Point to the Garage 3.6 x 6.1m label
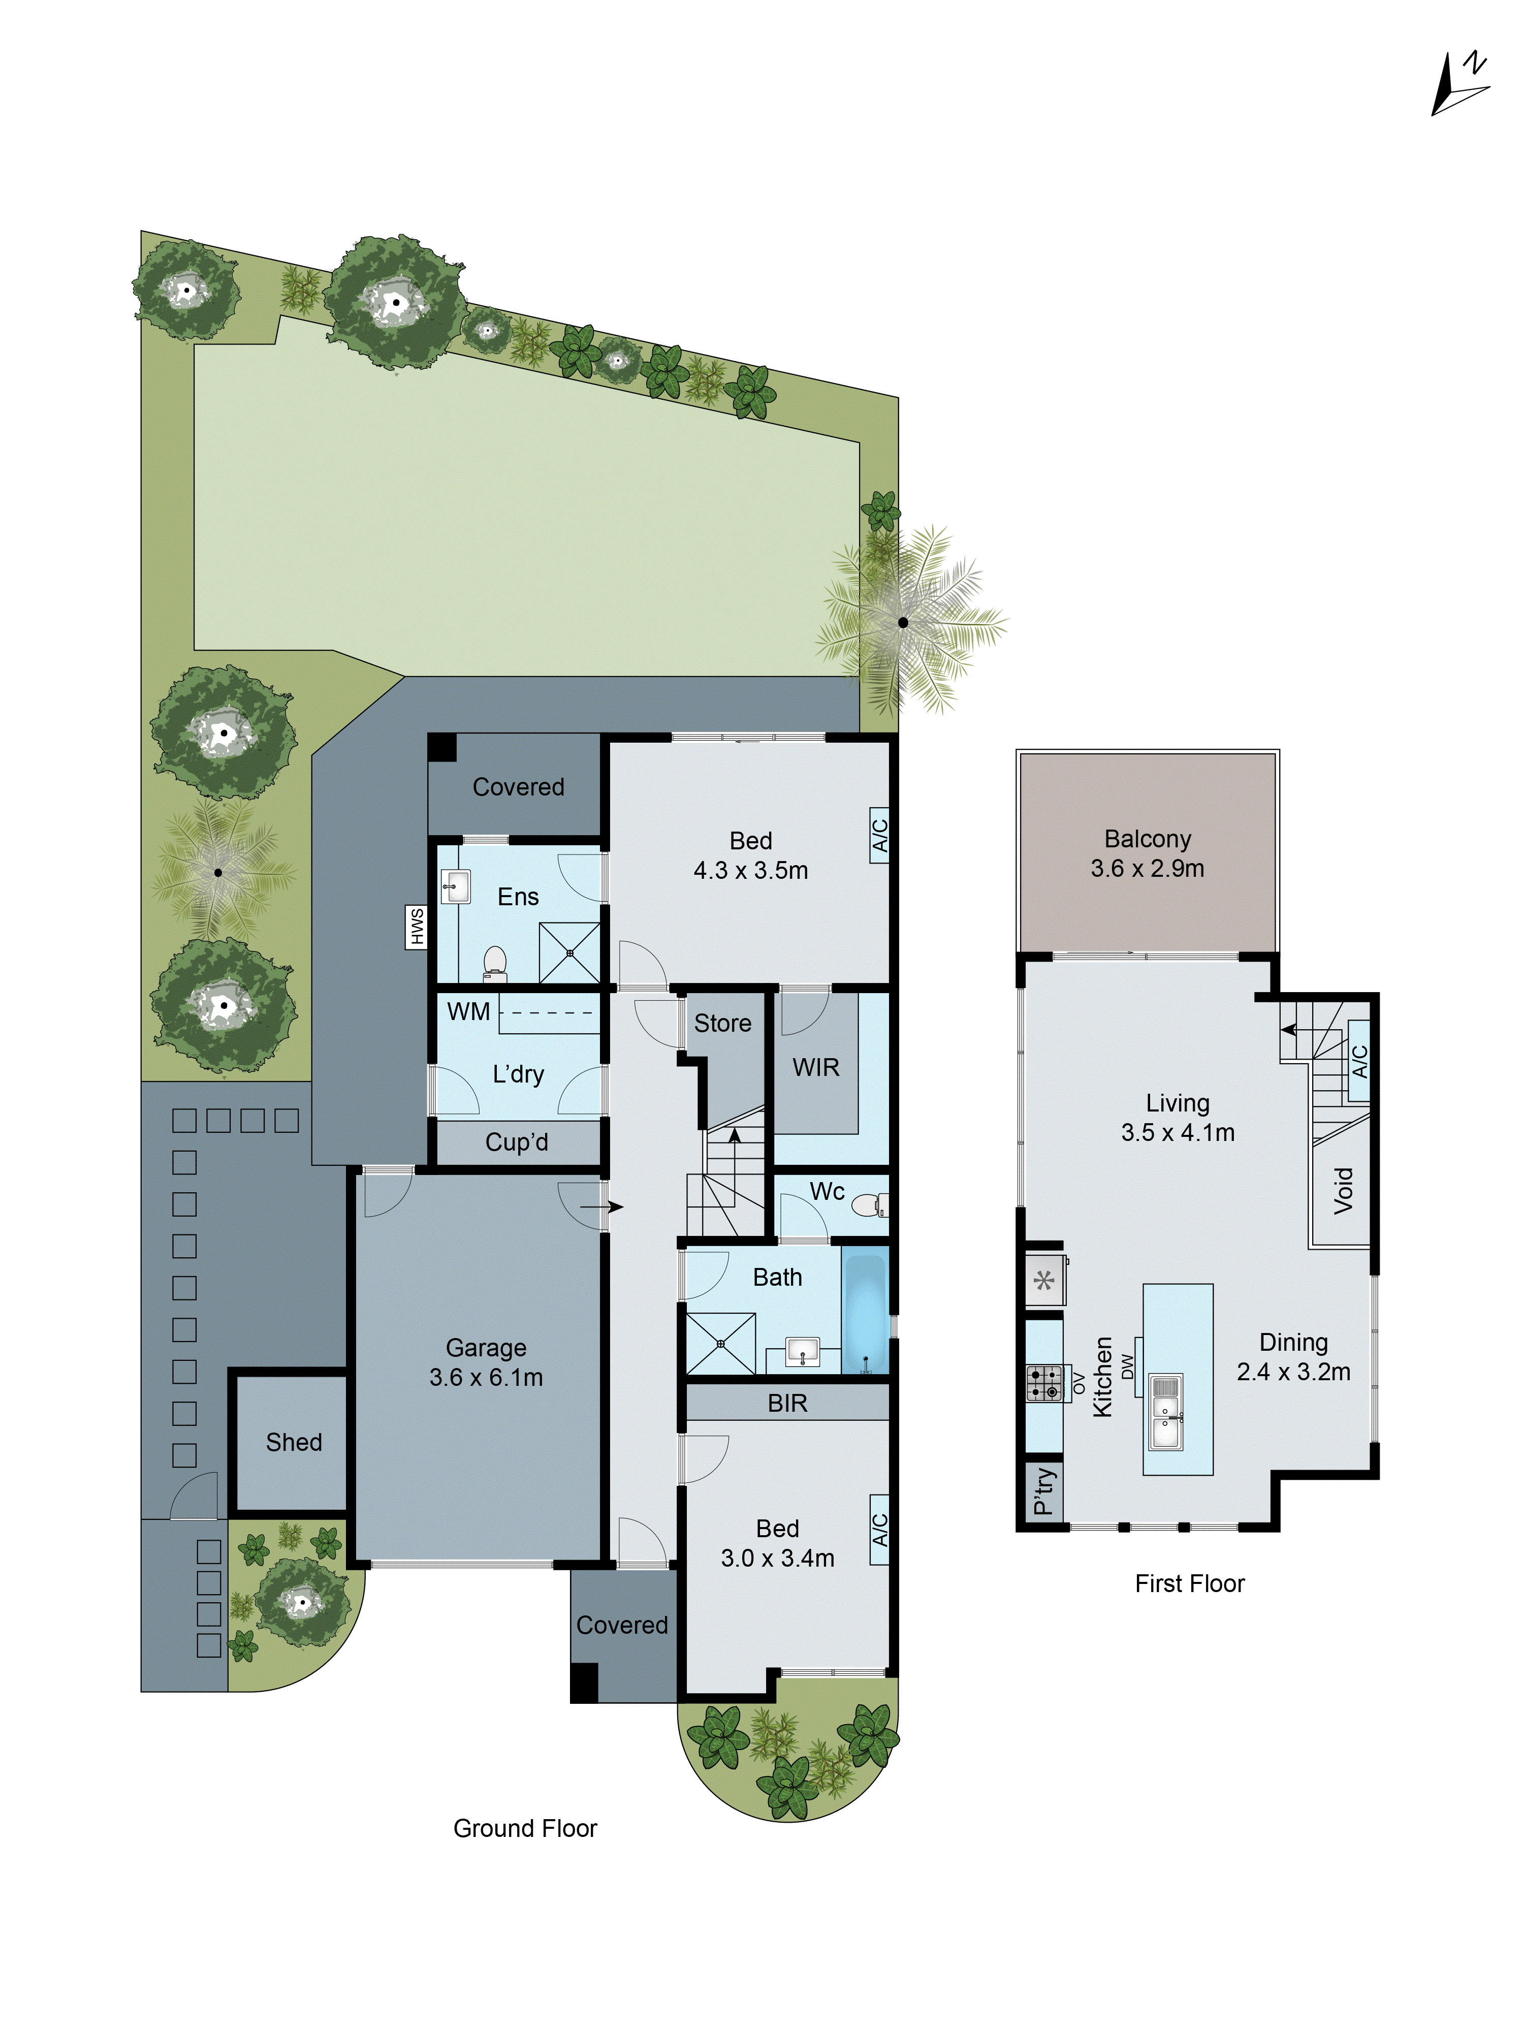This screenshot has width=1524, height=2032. pyautogui.click(x=486, y=1362)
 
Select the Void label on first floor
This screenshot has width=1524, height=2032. pyautogui.click(x=1343, y=1191)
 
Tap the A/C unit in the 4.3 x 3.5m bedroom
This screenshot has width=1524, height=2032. pyautogui.click(x=879, y=835)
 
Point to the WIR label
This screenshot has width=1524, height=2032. pyautogui.click(x=816, y=1067)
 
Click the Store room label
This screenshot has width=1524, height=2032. pyautogui.click(x=722, y=1023)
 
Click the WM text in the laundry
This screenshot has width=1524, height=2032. pyautogui.click(x=468, y=1011)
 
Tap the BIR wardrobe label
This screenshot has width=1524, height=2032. pyautogui.click(x=787, y=1403)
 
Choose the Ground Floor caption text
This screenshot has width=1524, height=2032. pyautogui.click(x=525, y=1828)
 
